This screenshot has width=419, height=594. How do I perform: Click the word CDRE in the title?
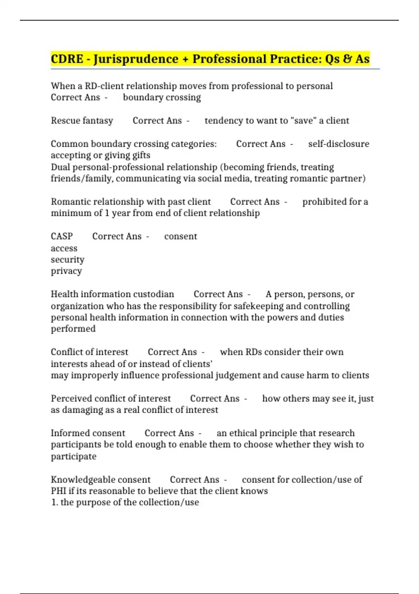67,59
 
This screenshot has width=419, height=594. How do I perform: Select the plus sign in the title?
185,59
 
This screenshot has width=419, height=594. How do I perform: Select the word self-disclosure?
338,144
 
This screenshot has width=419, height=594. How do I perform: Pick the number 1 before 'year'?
107,213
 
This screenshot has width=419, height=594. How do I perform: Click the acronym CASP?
62,236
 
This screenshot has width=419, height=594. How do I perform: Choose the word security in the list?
67,260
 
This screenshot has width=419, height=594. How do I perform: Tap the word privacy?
66,271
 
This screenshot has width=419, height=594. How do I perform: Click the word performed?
73,329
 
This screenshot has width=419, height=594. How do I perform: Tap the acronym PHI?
58,491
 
